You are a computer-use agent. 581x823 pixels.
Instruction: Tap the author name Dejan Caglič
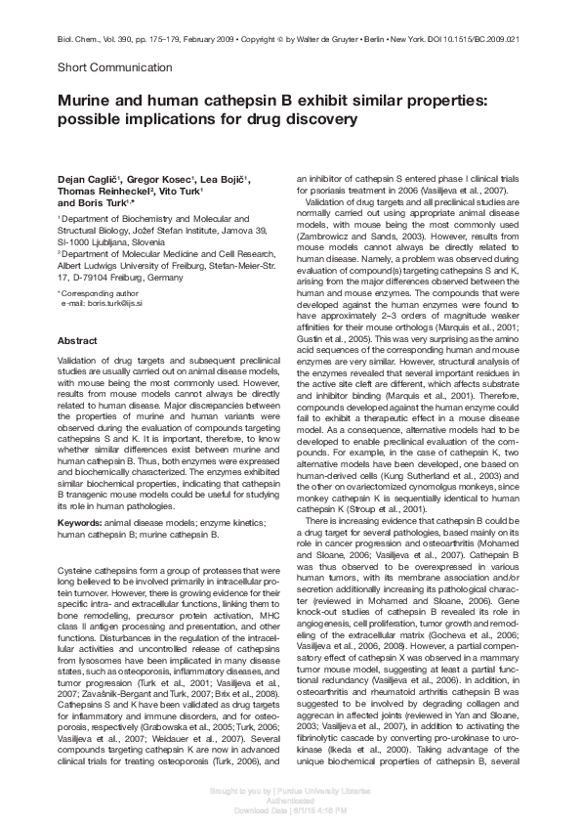89,180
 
